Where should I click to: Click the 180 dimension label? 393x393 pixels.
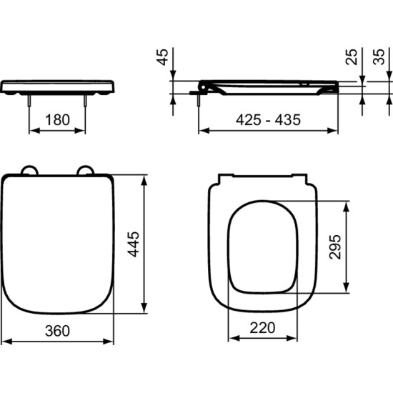coord(57,120)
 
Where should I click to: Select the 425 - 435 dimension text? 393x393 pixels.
coord(268,119)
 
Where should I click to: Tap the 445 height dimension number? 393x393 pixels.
coord(133,244)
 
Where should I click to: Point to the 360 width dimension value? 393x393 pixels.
coord(57,331)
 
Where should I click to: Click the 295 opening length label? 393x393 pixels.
coord(335,247)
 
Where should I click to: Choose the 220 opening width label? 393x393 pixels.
coord(262,327)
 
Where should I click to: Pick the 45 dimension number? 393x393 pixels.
coord(163,57)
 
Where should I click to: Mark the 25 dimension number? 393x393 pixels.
coord(352,57)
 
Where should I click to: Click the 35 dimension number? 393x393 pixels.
coord(379,57)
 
